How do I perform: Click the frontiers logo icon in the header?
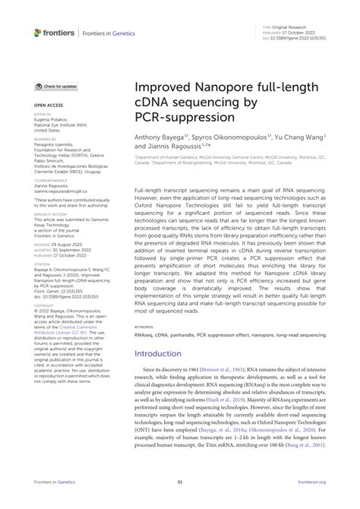coord(39,32)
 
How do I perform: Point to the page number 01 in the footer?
coord(180,502)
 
